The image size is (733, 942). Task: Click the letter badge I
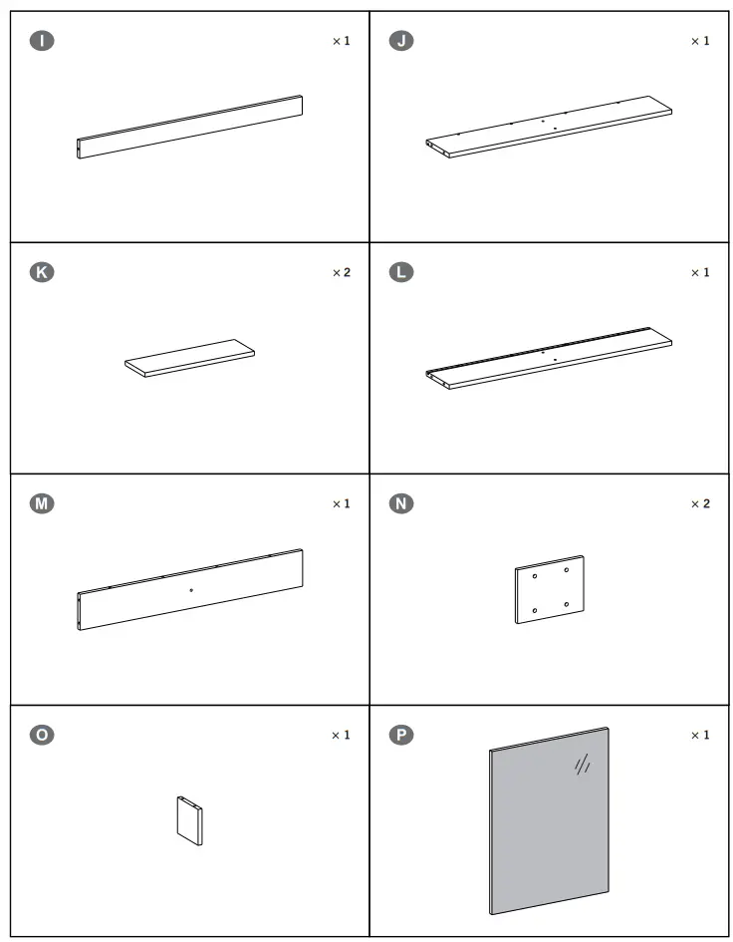42,41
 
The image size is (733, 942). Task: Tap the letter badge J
401,41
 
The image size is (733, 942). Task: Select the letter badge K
42,272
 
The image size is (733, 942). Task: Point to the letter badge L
401,272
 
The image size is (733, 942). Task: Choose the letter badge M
42,503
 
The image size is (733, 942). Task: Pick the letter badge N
401,503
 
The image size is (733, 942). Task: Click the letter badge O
42,735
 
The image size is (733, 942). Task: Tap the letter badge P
401,735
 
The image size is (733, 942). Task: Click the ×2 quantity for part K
342,273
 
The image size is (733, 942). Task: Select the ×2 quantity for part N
700,504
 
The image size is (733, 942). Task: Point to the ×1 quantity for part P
700,736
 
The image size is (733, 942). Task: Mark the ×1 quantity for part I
342,41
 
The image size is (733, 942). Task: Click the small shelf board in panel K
189,358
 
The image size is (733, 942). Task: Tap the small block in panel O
189,820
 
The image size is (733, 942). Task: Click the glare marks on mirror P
583,765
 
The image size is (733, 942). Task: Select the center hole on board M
191,590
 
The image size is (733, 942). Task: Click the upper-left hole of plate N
535,576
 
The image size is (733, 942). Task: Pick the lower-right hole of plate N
566,604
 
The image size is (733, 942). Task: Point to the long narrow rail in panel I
189,127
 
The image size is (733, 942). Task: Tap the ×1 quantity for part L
700,273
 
